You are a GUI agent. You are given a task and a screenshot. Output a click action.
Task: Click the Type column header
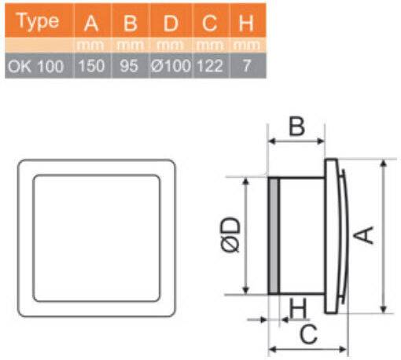click(38, 21)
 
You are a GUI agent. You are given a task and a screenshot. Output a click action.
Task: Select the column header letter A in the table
click(91, 23)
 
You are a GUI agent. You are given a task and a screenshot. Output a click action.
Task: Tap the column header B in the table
click(131, 23)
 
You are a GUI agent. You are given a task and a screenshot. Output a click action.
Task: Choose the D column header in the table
click(171, 23)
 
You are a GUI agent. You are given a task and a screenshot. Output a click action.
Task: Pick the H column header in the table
click(246, 23)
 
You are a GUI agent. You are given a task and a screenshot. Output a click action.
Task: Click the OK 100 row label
click(36, 66)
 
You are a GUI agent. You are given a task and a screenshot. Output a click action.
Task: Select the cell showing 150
click(91, 66)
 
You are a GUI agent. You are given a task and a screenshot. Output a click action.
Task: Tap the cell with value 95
click(129, 66)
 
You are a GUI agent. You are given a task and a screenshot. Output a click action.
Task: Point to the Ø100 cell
click(171, 65)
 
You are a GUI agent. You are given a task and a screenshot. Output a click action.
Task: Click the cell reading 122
click(210, 66)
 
